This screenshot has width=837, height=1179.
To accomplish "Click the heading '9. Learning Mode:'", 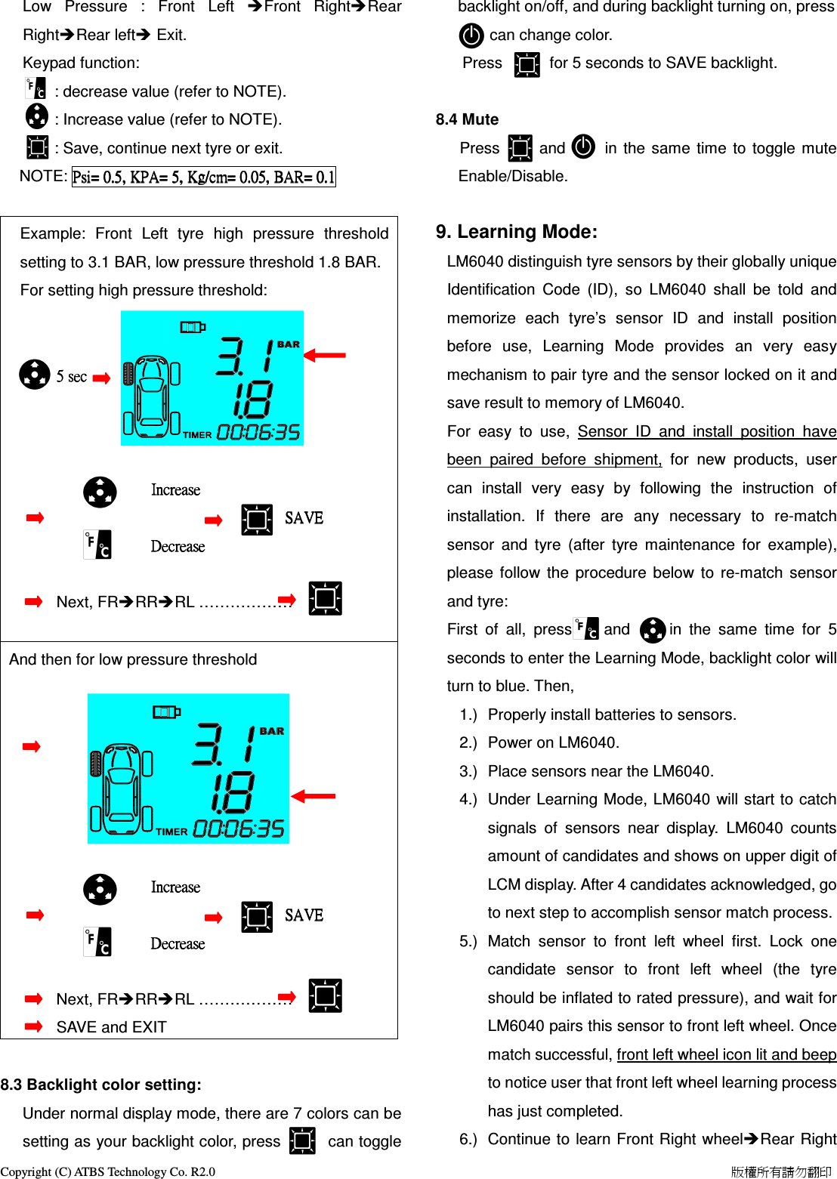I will click(x=516, y=232).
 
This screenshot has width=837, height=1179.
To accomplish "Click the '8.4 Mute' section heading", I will click(x=467, y=119).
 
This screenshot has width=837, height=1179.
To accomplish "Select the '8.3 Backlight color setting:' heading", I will click(x=101, y=1085).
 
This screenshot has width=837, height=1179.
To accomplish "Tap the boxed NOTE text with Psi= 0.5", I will click(x=203, y=177).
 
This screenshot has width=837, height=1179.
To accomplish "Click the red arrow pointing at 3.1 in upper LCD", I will click(x=325, y=354).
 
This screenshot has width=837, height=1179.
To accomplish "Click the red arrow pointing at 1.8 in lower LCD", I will click(x=313, y=796).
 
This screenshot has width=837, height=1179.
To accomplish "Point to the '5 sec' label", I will click(x=72, y=376).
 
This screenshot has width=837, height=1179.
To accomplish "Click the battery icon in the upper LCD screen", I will click(x=193, y=327).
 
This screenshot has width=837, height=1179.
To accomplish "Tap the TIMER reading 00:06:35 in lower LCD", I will click(x=239, y=829).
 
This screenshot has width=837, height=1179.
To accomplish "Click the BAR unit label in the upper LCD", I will click(x=288, y=344).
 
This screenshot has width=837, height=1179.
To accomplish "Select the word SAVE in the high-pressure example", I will click(x=304, y=518).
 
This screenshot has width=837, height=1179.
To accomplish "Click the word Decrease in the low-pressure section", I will click(x=178, y=944).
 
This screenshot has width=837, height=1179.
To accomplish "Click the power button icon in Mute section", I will click(x=583, y=147).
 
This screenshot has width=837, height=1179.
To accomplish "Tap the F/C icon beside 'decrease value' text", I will click(x=36, y=89).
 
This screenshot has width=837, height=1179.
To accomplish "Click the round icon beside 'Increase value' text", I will click(x=36, y=116).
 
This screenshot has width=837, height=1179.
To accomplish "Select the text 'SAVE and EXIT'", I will click(x=111, y=1027).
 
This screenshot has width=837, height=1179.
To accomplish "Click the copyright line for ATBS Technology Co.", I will click(x=107, y=1171).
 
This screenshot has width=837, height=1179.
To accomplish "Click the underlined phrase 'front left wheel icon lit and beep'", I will click(x=726, y=1054).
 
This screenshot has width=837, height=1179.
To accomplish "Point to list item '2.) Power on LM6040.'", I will click(x=553, y=742).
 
